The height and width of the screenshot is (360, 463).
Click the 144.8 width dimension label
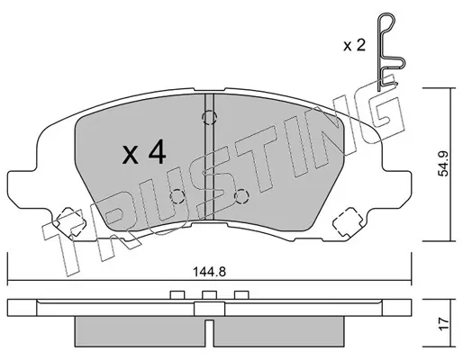click(209, 272)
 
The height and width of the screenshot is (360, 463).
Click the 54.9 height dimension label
click(443, 163)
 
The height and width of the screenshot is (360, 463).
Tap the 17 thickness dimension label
click(443, 325)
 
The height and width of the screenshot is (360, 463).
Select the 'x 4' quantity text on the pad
click(144, 153)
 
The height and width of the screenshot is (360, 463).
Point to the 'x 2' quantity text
click(355, 46)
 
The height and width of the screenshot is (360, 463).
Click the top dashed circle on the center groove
click(209, 118)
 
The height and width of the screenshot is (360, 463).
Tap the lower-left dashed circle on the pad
click(177, 196)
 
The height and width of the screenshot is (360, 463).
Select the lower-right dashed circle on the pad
click(241, 196)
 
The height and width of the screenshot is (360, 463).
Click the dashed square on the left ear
click(69, 223)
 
